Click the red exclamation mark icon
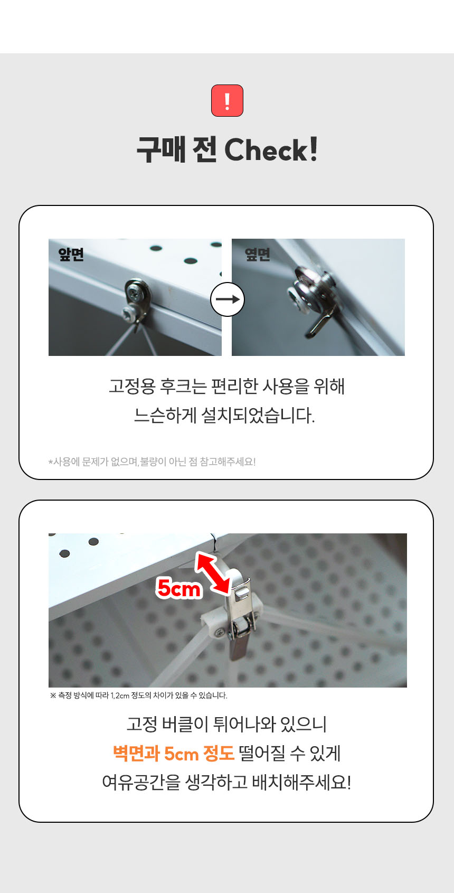pyautogui.click(x=227, y=100)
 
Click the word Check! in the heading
pyautogui.click(x=271, y=149)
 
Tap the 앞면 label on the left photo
pyautogui.click(x=71, y=254)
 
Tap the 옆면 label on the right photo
pyautogui.click(x=258, y=254)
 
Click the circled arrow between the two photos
pyautogui.click(x=227, y=299)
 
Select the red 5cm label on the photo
pyautogui.click(x=178, y=588)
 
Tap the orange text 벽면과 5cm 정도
pyautogui.click(x=173, y=754)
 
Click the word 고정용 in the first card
pyautogui.click(x=132, y=387)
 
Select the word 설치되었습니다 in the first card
pyautogui.click(x=258, y=416)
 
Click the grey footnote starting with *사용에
pyautogui.click(x=152, y=462)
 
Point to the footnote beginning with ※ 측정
pyautogui.click(x=138, y=695)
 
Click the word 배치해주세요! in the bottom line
pyautogui.click(x=302, y=782)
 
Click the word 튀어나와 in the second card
pyautogui.click(x=244, y=724)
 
